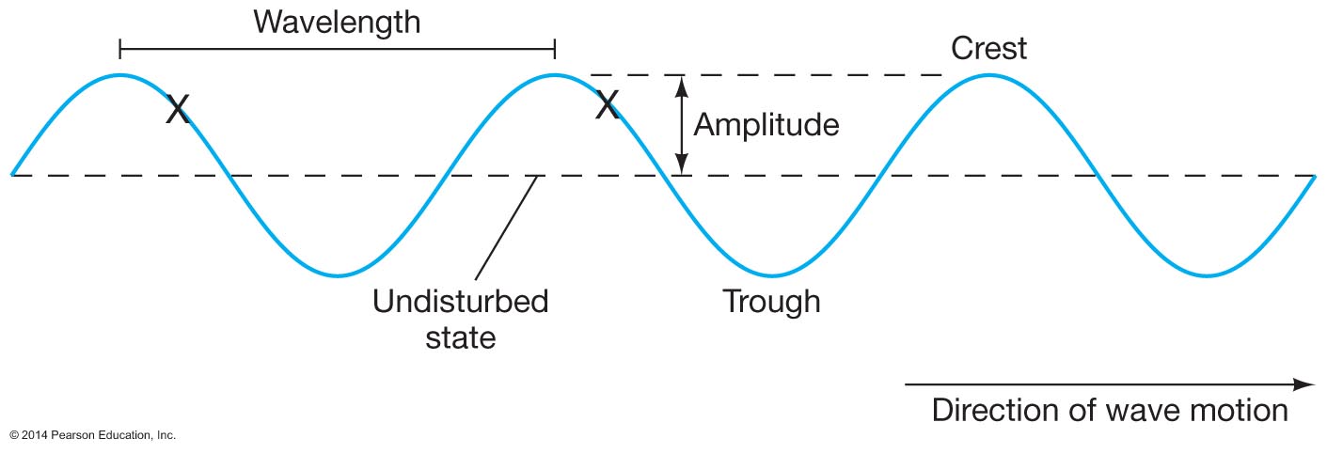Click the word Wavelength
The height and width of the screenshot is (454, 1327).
point(337,22)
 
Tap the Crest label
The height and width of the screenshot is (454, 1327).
point(988,47)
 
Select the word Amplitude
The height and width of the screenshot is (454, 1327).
point(766,124)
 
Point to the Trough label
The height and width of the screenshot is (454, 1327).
point(771,302)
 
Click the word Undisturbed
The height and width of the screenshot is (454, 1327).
point(460,303)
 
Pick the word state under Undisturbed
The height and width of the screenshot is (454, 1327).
point(460,337)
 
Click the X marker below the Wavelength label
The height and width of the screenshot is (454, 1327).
point(177,109)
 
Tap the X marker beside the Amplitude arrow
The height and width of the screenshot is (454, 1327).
point(608,105)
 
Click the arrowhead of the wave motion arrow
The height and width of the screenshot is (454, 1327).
point(1305,384)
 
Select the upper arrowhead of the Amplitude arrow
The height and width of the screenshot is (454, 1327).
point(684,82)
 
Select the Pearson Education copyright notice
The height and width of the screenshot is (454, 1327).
point(92,435)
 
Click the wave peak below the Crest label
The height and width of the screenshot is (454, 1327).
point(988,75)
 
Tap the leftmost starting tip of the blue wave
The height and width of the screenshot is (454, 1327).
point(12,174)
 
